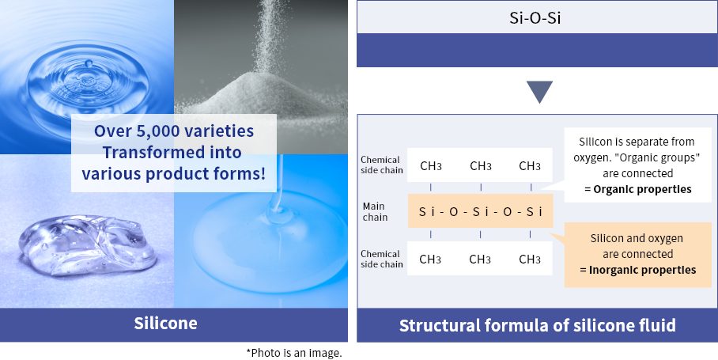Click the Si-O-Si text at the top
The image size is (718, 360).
tap(537, 17)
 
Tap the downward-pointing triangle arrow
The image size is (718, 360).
tap(540, 92)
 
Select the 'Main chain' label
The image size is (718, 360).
tap(376, 212)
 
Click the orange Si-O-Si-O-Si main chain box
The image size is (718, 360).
tap(480, 212)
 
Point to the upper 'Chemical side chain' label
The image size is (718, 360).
tap(381, 165)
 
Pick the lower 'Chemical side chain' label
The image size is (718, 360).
tap(381, 259)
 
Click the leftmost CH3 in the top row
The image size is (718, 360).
tap(431, 166)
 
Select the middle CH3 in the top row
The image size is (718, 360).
tap(481, 166)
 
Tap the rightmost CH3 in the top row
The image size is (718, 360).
tap(530, 166)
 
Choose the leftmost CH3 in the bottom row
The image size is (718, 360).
tap(431, 259)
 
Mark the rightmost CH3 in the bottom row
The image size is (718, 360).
tap(530, 259)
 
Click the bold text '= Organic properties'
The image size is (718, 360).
tap(637, 189)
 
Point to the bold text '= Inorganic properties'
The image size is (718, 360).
tap(637, 270)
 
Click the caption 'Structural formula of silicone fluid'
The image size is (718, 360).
tap(537, 325)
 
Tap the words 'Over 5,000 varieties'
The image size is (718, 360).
tap(174, 131)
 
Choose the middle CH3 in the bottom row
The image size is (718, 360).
tap(481, 259)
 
